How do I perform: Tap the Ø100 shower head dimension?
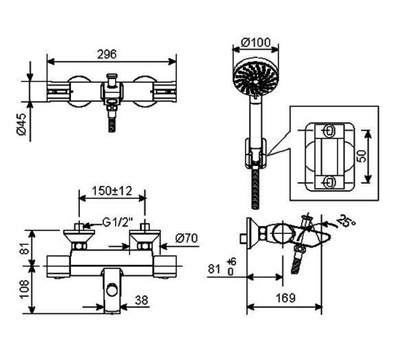(x=255, y=42)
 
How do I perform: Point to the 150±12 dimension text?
(x=112, y=191)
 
